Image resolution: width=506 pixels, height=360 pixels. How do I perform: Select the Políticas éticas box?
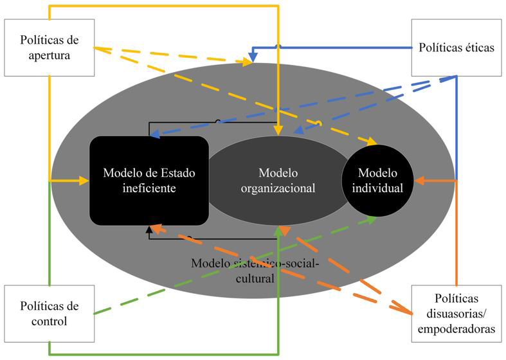tap(456, 48)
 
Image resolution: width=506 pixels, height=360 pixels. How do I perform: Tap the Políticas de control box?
tap(49, 312)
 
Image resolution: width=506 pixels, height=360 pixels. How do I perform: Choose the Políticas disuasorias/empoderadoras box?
tap(456, 312)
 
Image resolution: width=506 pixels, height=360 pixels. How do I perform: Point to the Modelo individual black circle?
tap(378, 181)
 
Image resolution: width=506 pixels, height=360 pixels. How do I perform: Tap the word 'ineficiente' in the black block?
tap(149, 189)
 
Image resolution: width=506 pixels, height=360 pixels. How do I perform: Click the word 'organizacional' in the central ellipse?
tap(278, 189)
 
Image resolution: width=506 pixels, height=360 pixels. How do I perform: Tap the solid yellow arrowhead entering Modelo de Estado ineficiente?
tap(85, 181)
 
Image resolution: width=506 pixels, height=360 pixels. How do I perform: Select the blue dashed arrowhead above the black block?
tap(154, 134)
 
